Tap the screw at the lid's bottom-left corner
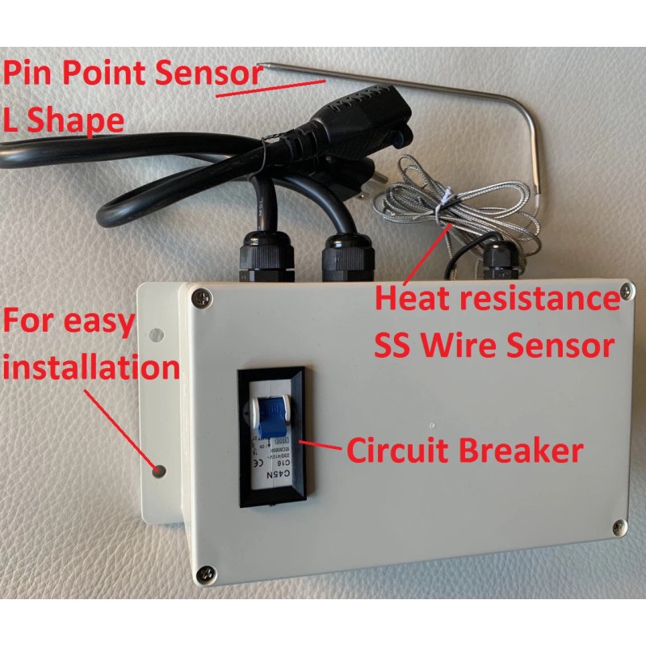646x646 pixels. tap(205, 573)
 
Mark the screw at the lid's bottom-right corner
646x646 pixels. tap(619, 526)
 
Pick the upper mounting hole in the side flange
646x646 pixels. tap(156, 333)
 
